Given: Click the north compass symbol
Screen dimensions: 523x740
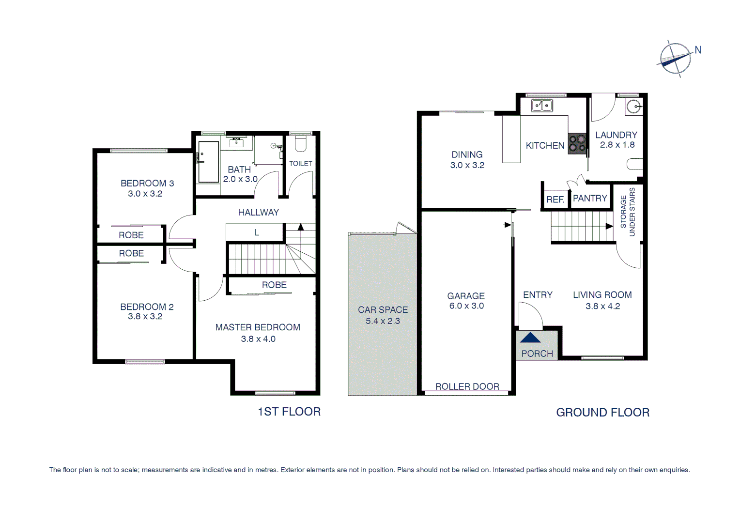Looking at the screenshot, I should (x=676, y=59).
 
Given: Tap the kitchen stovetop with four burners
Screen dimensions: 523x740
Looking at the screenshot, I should (x=577, y=143).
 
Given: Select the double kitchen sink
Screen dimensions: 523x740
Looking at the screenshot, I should (x=542, y=105).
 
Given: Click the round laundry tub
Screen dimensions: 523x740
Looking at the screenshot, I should (x=633, y=106).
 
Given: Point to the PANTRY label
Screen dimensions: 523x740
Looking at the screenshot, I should (x=589, y=199).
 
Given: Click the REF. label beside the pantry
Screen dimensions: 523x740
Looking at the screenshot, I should (x=555, y=200).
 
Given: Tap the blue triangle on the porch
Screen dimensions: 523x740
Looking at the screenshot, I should (x=530, y=338).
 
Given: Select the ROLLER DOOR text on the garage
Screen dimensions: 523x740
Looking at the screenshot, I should (x=467, y=386).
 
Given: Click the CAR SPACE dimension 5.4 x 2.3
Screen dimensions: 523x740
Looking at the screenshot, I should (x=383, y=321).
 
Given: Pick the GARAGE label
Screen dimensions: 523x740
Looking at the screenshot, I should (x=466, y=296).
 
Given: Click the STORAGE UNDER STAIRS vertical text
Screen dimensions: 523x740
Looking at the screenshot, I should (x=628, y=212).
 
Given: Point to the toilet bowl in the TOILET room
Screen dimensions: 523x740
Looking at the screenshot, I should (x=300, y=144).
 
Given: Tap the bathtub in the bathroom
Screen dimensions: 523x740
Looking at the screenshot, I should (x=208, y=162).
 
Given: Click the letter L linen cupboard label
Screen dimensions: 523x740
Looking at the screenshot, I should (x=257, y=233).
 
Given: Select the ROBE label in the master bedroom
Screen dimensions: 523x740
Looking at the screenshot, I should (x=274, y=285).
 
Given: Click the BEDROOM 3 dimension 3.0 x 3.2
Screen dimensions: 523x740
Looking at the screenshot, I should (x=145, y=194).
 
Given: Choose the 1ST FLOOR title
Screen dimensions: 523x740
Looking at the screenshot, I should (x=289, y=412).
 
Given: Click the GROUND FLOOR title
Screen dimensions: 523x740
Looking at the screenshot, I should (x=602, y=413).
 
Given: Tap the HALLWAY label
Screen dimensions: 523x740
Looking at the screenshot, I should (x=258, y=213).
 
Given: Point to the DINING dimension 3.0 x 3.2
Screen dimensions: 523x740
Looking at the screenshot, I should (x=467, y=165).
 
